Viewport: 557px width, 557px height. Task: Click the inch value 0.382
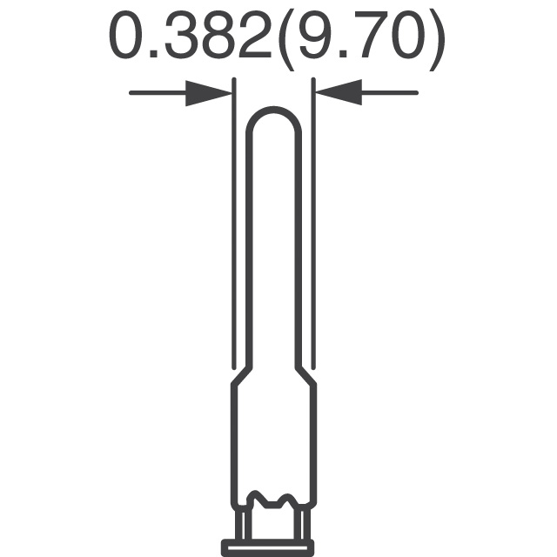click(x=191, y=36)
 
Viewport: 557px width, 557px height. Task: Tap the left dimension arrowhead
click(x=209, y=93)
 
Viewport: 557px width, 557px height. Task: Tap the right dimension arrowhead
click(x=339, y=92)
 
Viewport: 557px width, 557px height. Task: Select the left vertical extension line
click(x=234, y=224)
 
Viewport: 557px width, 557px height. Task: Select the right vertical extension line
click(x=313, y=224)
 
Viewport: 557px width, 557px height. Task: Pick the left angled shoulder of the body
click(x=242, y=376)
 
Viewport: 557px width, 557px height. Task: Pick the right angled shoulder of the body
click(x=305, y=376)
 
